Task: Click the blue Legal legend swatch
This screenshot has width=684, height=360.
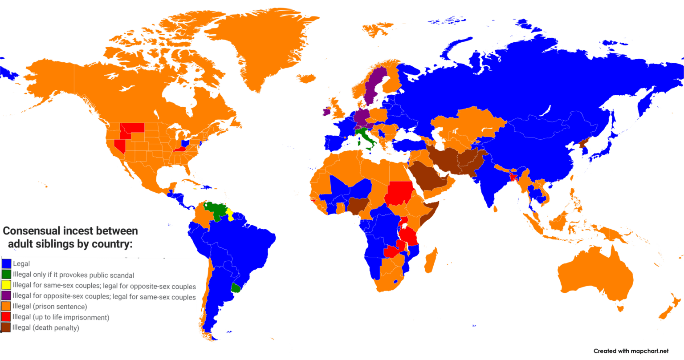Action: [6, 264]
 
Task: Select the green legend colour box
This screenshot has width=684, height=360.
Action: [6, 275]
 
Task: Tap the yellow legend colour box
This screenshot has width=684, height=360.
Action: [6, 285]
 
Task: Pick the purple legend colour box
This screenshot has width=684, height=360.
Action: [6, 296]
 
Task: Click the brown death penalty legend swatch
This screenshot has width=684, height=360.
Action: [6, 328]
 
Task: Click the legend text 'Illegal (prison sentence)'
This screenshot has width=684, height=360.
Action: [50, 307]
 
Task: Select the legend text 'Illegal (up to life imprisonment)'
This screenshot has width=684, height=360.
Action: [61, 317]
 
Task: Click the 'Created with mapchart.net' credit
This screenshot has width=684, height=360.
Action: [631, 351]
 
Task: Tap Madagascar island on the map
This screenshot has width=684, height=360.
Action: [431, 262]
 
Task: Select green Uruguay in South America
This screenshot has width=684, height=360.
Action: [236, 288]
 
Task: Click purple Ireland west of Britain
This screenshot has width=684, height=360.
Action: [326, 111]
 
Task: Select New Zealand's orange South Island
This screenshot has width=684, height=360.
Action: [665, 314]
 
